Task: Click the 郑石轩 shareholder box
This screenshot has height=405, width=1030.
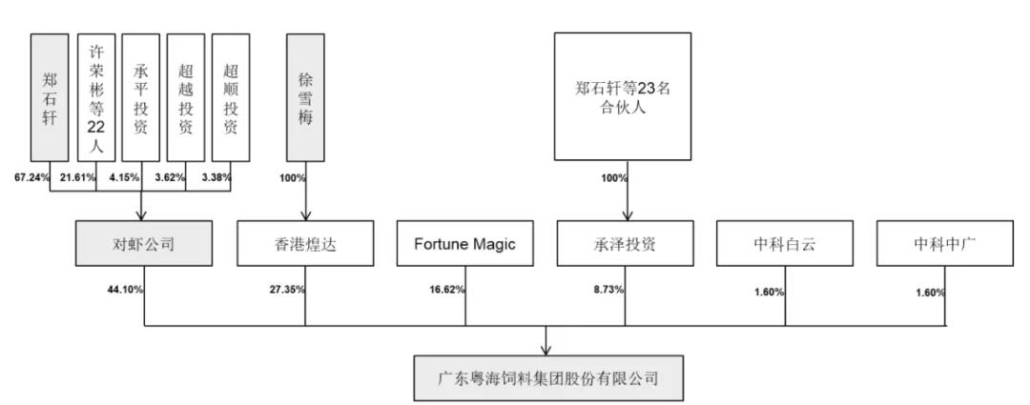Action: click(x=51, y=97)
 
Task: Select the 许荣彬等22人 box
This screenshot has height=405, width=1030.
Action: click(x=96, y=97)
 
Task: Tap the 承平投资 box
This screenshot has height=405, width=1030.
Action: click(x=141, y=97)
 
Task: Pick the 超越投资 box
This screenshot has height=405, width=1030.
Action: click(x=186, y=97)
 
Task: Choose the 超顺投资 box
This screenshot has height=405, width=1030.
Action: click(x=231, y=97)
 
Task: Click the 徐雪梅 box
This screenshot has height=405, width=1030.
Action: click(x=305, y=97)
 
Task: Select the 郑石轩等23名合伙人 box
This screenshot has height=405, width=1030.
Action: click(x=624, y=97)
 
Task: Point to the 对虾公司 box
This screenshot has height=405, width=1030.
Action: click(x=143, y=244)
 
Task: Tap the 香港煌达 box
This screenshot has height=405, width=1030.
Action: click(x=305, y=244)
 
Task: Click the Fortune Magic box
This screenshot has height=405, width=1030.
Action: click(x=464, y=244)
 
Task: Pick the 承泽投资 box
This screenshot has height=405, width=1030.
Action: click(x=625, y=244)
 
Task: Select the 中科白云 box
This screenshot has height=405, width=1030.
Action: click(x=784, y=244)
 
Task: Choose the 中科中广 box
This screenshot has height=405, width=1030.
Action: click(x=945, y=244)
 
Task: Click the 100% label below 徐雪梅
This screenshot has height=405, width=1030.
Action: click(x=292, y=177)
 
